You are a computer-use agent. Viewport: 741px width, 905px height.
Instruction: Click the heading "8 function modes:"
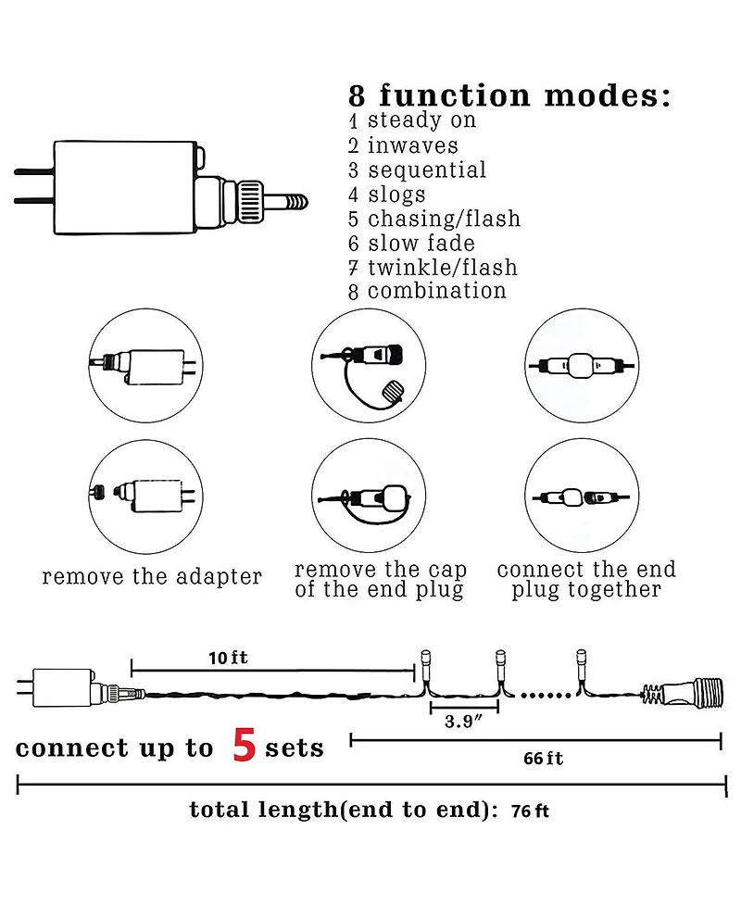[x=510, y=95]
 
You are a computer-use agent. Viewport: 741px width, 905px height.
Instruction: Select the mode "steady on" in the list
[x=421, y=120]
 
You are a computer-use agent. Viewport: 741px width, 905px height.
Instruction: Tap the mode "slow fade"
[x=421, y=243]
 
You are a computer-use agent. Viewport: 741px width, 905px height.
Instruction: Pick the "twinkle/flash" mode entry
[x=443, y=267]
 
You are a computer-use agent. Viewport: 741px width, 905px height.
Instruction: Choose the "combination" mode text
[x=437, y=291]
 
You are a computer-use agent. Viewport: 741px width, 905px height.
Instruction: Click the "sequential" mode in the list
[x=427, y=170]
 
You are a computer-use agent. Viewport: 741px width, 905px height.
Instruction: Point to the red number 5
[x=245, y=745]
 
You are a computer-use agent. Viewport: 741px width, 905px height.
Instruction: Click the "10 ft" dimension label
[x=229, y=658]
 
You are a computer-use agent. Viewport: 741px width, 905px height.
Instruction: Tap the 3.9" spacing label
[x=463, y=722]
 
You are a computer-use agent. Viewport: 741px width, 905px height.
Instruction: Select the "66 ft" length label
[x=543, y=759]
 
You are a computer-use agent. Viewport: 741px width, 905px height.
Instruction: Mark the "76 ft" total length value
[x=530, y=811]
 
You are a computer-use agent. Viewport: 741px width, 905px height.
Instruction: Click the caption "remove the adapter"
[x=152, y=576]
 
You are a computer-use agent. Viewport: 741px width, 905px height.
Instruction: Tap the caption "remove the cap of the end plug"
[x=381, y=580]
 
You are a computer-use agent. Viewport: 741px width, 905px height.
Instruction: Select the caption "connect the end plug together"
[x=586, y=580]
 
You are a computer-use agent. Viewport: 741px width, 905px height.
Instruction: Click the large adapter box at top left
[x=126, y=188]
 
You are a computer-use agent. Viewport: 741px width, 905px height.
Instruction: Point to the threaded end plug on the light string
[x=682, y=691]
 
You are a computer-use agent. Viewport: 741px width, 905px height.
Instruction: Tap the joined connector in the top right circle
[x=581, y=365]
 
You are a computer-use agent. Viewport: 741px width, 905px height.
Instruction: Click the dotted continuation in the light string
[x=546, y=696]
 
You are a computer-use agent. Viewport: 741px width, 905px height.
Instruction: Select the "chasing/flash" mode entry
[x=445, y=220]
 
